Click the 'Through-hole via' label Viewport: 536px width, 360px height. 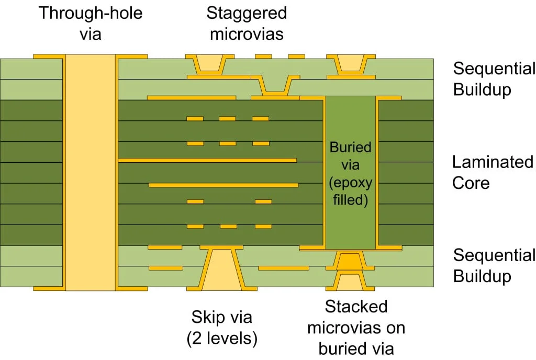click(x=90, y=22)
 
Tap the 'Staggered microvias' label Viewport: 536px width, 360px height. click(x=246, y=22)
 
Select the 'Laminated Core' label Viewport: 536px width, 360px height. click(x=493, y=172)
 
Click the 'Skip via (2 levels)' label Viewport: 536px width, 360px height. click(x=222, y=328)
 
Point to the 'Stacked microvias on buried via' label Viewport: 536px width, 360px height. click(x=356, y=327)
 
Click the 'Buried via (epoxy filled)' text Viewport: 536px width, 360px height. click(x=350, y=173)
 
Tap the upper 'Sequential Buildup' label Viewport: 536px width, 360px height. click(x=494, y=78)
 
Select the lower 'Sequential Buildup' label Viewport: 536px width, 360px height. click(x=494, y=266)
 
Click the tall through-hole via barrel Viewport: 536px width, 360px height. click(x=90, y=173)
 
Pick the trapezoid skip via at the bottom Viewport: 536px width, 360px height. click(x=222, y=269)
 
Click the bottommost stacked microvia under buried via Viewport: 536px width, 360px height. click(x=350, y=283)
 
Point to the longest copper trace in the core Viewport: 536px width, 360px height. click(x=208, y=160)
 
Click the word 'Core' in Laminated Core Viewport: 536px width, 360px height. click(x=471, y=183)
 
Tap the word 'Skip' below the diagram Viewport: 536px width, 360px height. click(x=207, y=317)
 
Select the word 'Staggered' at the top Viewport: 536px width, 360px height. click(x=246, y=13)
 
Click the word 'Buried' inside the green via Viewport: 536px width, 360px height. click(x=350, y=147)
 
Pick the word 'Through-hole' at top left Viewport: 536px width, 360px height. click(x=90, y=13)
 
